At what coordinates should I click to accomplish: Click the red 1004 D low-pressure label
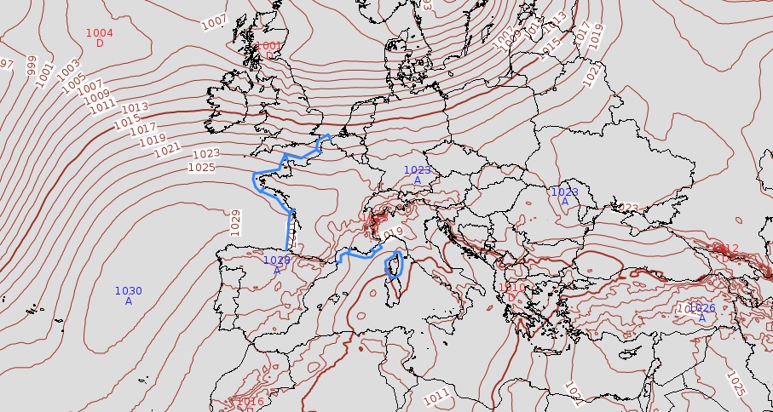pyautogui.click(x=100, y=37)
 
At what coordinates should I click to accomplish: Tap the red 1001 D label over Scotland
pyautogui.click(x=268, y=50)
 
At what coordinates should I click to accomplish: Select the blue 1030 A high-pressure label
pyautogui.click(x=129, y=295)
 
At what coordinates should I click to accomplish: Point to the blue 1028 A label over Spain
pyautogui.click(x=277, y=265)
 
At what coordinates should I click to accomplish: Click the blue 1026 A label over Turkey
pyautogui.click(x=701, y=312)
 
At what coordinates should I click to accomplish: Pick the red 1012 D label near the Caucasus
pyautogui.click(x=725, y=252)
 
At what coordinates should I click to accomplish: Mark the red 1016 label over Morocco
pyautogui.click(x=250, y=402)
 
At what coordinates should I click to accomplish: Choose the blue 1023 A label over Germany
pyautogui.click(x=418, y=175)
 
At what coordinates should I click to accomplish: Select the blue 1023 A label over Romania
pyautogui.click(x=564, y=197)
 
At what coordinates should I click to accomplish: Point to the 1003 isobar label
pyautogui.click(x=69, y=72)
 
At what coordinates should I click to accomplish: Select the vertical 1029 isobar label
pyautogui.click(x=236, y=222)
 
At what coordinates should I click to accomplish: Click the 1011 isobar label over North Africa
pyautogui.click(x=436, y=396)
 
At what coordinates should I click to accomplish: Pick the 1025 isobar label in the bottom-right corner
pyautogui.click(x=736, y=383)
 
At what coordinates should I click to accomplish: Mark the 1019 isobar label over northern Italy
pyautogui.click(x=390, y=233)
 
